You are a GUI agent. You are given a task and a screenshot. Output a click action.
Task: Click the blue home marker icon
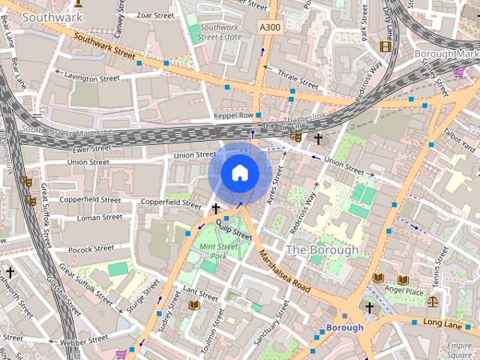(239, 173)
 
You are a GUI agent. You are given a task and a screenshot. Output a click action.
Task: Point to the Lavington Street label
(92, 76)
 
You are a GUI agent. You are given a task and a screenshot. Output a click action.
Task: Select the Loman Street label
(100, 217)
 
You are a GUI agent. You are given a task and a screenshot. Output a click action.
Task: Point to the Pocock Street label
(89, 248)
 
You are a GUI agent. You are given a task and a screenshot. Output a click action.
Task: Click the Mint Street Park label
(218, 251)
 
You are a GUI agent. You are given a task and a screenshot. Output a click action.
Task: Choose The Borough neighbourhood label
(322, 249)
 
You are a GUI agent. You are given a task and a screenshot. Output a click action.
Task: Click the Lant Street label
(200, 292)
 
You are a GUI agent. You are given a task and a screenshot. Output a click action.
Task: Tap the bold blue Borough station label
(344, 328)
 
